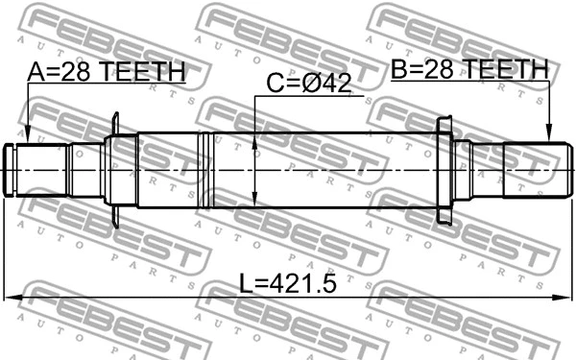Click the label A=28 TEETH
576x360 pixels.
pyautogui.click(x=106, y=71)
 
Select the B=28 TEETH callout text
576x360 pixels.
pyautogui.click(x=468, y=69)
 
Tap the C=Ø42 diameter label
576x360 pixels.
pyautogui.click(x=308, y=84)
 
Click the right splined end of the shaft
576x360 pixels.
pyautogui.click(x=533, y=170)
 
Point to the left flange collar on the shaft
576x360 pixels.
pyautogui.click(x=114, y=170)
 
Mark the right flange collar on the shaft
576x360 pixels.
pyautogui.click(x=444, y=170)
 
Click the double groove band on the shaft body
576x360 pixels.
pyautogui.click(x=203, y=170)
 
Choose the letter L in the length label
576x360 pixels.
pyautogui.click(x=247, y=283)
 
